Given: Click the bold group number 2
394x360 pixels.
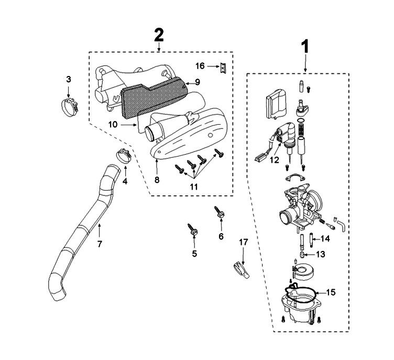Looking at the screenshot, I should pyautogui.click(x=158, y=35).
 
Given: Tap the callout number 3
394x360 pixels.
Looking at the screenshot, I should pyautogui.click(x=69, y=79).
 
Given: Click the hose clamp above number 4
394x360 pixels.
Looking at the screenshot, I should pyautogui.click(x=123, y=156).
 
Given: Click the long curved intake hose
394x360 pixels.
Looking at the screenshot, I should pyautogui.click(x=84, y=231).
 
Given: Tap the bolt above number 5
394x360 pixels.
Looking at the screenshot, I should pyautogui.click(x=193, y=230).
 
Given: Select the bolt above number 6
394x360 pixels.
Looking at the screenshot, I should pyautogui.click(x=219, y=213).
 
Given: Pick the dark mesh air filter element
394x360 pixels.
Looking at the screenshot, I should pyautogui.click(x=152, y=97).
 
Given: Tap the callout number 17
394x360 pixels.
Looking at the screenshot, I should pyautogui.click(x=243, y=243).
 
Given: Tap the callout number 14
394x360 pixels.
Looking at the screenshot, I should pyautogui.click(x=325, y=239).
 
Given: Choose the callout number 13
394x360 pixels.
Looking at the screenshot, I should pyautogui.click(x=320, y=254).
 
